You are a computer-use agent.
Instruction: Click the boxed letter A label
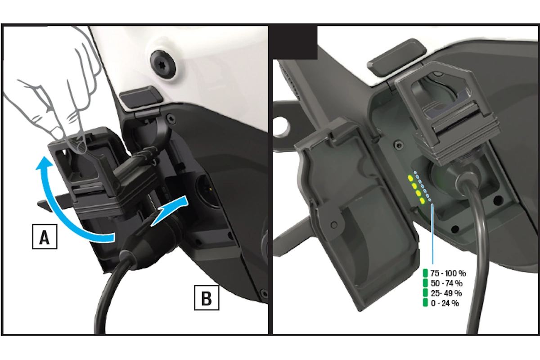coord(45,237)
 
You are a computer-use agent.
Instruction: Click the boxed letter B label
coord(207,298)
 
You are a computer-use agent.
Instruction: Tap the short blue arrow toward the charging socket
coord(171,210)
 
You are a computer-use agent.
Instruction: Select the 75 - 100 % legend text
coord(448,274)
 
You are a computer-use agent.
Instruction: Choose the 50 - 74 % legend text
coord(446,283)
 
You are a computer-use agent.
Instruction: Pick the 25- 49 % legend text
coord(446,293)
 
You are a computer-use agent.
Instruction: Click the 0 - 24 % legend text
coord(445,303)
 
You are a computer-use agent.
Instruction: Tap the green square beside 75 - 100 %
coord(425,274)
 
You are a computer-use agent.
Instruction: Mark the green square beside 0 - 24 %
coord(425,303)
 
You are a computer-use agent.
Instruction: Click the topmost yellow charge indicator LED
coord(410,179)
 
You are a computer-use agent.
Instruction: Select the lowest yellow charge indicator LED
coord(423,201)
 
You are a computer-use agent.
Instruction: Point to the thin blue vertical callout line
coord(433,234)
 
